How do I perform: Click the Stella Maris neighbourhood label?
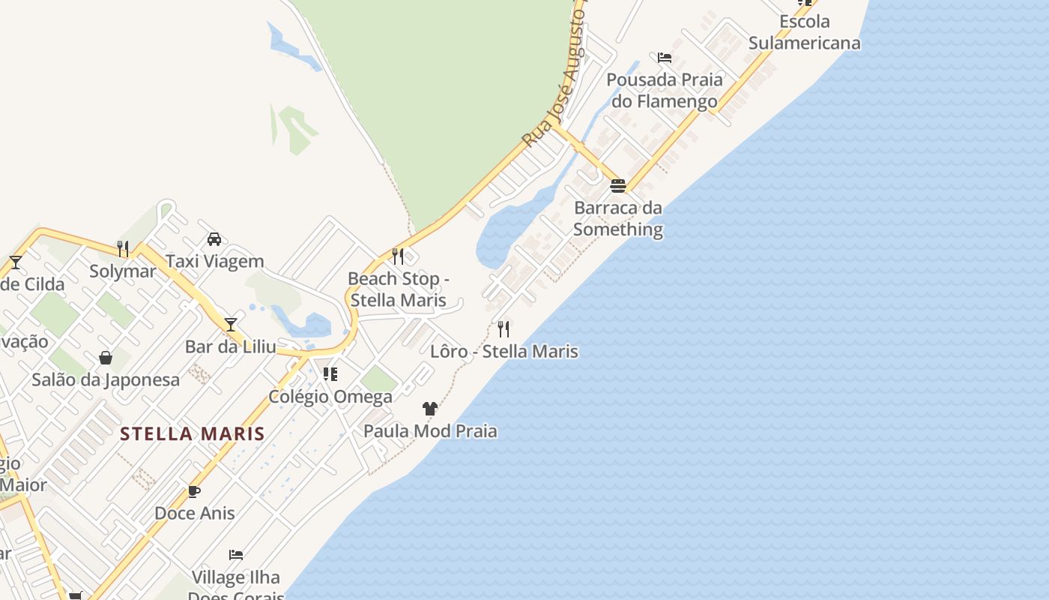(193, 433)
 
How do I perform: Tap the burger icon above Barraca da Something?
(618, 185)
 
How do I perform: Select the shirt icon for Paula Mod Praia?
(430, 409)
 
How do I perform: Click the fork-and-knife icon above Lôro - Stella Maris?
(504, 328)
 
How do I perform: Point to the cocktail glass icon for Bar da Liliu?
(231, 324)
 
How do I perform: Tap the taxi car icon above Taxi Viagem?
(214, 239)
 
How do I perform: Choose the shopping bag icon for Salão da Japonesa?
(106, 358)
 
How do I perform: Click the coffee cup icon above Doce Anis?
(194, 492)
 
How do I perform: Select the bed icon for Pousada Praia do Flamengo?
(665, 58)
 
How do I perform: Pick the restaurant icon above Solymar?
(123, 248)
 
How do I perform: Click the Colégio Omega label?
(330, 396)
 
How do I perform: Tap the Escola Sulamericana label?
(805, 32)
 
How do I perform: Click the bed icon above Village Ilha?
(236, 555)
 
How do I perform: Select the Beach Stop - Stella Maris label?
(399, 289)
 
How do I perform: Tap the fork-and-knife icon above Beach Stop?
(398, 256)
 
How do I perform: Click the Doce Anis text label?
(195, 513)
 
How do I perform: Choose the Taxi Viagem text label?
(215, 261)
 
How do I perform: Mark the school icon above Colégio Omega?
(330, 373)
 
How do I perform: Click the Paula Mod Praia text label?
(430, 431)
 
